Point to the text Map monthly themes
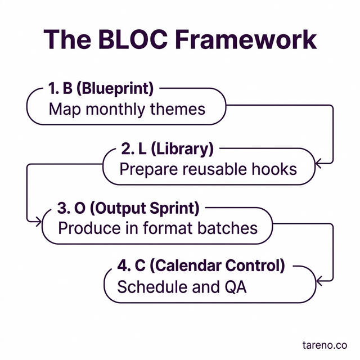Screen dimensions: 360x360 coord(127,109)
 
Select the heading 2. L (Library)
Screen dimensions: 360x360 coord(167,149)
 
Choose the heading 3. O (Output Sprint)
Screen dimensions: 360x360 coord(128,209)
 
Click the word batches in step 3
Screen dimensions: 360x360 coord(231,228)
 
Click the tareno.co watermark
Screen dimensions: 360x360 coord(324,343)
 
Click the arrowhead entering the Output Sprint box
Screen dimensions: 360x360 coord(39,222)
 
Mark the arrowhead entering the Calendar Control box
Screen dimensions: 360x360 coord(318,280)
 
